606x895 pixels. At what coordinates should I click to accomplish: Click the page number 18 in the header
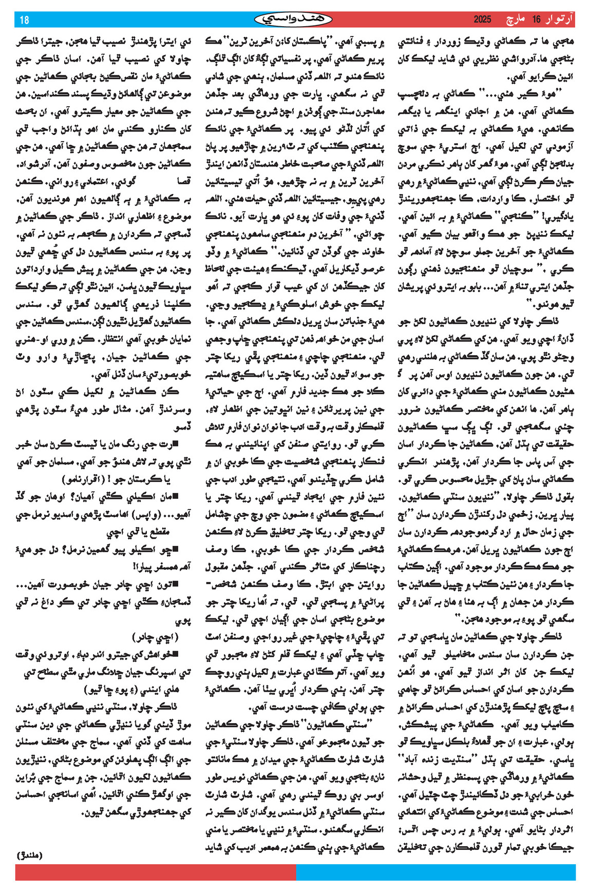click(25, 20)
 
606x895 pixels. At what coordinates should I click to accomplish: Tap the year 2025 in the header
click(482, 20)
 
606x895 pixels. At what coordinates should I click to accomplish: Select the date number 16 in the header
click(537, 20)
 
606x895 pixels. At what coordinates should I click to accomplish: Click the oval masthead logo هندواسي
click(293, 20)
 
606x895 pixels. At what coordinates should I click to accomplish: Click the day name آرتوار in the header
click(560, 20)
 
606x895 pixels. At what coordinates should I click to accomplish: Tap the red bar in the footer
click(156, 872)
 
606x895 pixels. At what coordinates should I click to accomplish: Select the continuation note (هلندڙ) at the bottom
click(30, 855)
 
